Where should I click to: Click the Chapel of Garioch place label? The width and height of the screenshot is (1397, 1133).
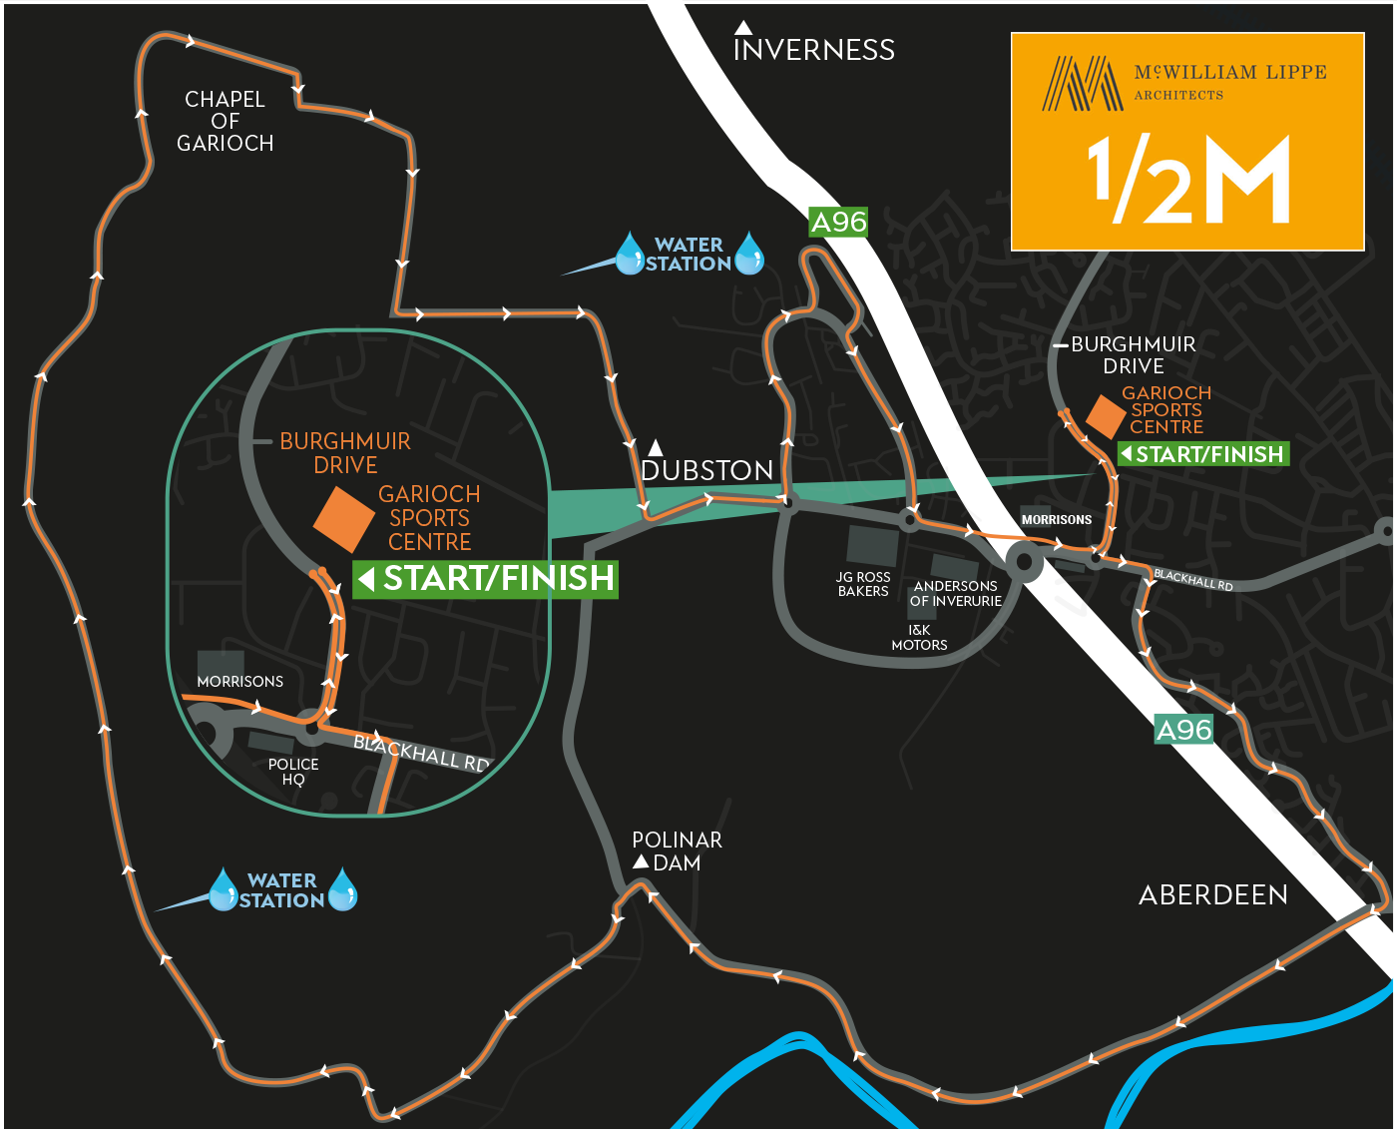(225, 121)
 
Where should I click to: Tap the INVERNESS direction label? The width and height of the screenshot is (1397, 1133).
(813, 50)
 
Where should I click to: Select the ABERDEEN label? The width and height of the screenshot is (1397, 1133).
(1212, 894)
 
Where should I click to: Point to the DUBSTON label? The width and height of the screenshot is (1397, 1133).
(706, 470)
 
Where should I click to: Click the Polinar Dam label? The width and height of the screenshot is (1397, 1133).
(677, 851)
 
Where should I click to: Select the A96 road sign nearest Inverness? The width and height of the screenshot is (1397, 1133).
(838, 222)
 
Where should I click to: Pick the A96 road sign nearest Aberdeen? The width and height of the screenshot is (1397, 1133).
(1183, 730)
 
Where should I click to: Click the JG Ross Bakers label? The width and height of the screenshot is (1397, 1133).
(863, 584)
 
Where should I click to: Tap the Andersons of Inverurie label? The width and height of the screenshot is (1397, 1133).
(955, 594)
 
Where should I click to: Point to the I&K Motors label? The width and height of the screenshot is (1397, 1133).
(919, 638)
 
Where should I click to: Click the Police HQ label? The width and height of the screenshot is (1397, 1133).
(293, 772)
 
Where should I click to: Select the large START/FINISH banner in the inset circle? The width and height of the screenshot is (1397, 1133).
(486, 579)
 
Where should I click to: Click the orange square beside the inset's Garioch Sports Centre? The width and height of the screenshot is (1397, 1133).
(344, 519)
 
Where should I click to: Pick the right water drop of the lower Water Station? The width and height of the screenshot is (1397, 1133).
(342, 889)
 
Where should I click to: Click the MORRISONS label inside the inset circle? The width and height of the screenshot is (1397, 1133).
(239, 682)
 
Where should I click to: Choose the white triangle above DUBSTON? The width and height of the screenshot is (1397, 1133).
(656, 447)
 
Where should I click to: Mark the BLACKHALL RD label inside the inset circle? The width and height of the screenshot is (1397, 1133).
(421, 754)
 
